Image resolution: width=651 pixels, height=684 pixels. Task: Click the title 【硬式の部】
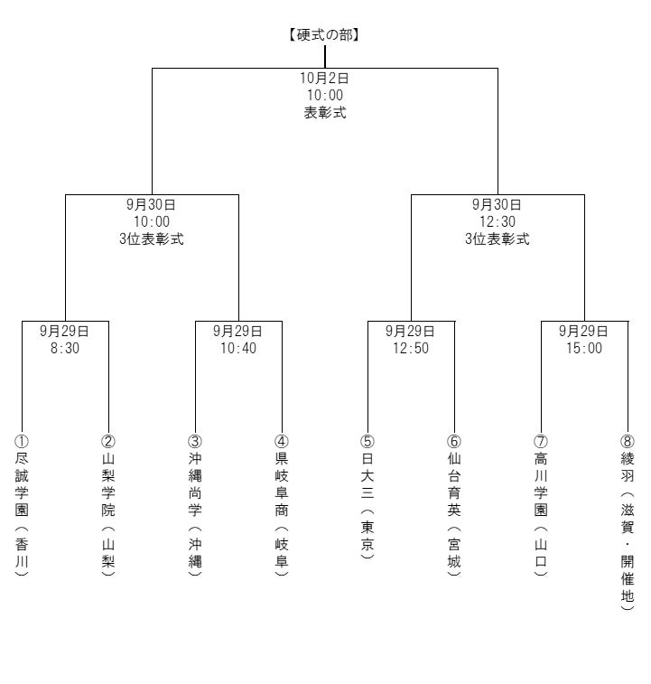pyautogui.click(x=325, y=34)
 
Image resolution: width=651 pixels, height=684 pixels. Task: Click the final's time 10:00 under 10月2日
pyautogui.click(x=325, y=95)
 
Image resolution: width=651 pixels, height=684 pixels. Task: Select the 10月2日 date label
pyautogui.click(x=324, y=78)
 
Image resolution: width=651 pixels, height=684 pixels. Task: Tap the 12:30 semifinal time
pyautogui.click(x=498, y=221)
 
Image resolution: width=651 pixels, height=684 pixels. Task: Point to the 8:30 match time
pyautogui.click(x=65, y=348)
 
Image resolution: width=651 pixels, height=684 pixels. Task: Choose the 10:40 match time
pyautogui.click(x=238, y=348)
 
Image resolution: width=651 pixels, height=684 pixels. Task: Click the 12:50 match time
pyautogui.click(x=411, y=348)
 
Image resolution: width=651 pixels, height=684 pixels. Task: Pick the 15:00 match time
pyautogui.click(x=584, y=348)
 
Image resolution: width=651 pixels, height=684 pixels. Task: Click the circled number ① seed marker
pyautogui.click(x=22, y=442)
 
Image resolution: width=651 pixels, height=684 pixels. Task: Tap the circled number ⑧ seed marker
pyautogui.click(x=627, y=442)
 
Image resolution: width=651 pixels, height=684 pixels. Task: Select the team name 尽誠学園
pyautogui.click(x=22, y=484)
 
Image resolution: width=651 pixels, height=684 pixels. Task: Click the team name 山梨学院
pyautogui.click(x=108, y=484)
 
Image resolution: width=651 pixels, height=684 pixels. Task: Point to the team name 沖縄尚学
pyautogui.click(x=195, y=484)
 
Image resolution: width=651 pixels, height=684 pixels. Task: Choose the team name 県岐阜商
pyautogui.click(x=281, y=484)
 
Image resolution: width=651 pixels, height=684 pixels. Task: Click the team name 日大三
pyautogui.click(x=367, y=475)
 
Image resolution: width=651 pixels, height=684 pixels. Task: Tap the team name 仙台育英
pyautogui.click(x=454, y=484)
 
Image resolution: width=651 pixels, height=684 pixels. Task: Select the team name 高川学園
pyautogui.click(x=541, y=484)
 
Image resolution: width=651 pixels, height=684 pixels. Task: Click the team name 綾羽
pyautogui.click(x=627, y=467)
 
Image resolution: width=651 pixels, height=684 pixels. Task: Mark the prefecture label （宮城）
pyautogui.click(x=454, y=552)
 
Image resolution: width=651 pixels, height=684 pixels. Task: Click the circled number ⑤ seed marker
pyautogui.click(x=367, y=442)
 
